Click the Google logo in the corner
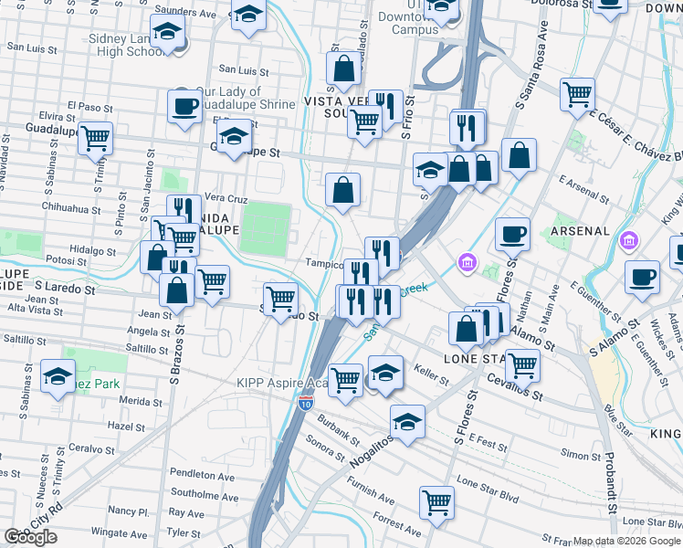[x=31, y=537]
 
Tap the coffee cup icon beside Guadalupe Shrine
[x=184, y=106]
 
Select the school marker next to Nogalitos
[x=407, y=421]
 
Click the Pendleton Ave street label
[x=208, y=476]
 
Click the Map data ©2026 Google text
[x=626, y=541]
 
